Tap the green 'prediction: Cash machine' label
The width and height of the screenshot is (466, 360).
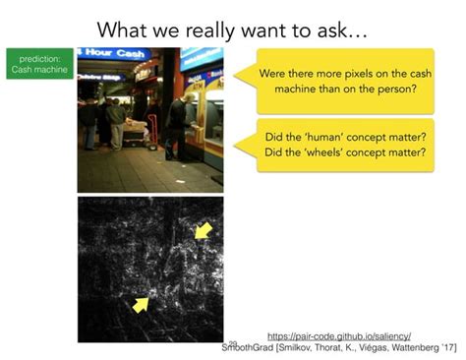pyautogui.click(x=37, y=64)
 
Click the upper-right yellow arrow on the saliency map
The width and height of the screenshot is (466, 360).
pyautogui.click(x=202, y=232)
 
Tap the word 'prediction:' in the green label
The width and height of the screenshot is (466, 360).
pyautogui.click(x=37, y=58)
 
